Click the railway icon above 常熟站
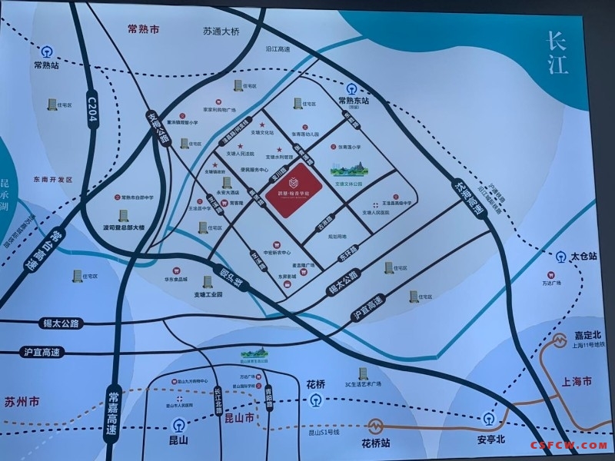click(x=48, y=52)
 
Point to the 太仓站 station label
click(x=584, y=254)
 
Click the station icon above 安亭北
click(x=489, y=418)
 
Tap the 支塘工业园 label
click(x=208, y=294)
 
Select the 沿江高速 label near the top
click(x=278, y=49)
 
